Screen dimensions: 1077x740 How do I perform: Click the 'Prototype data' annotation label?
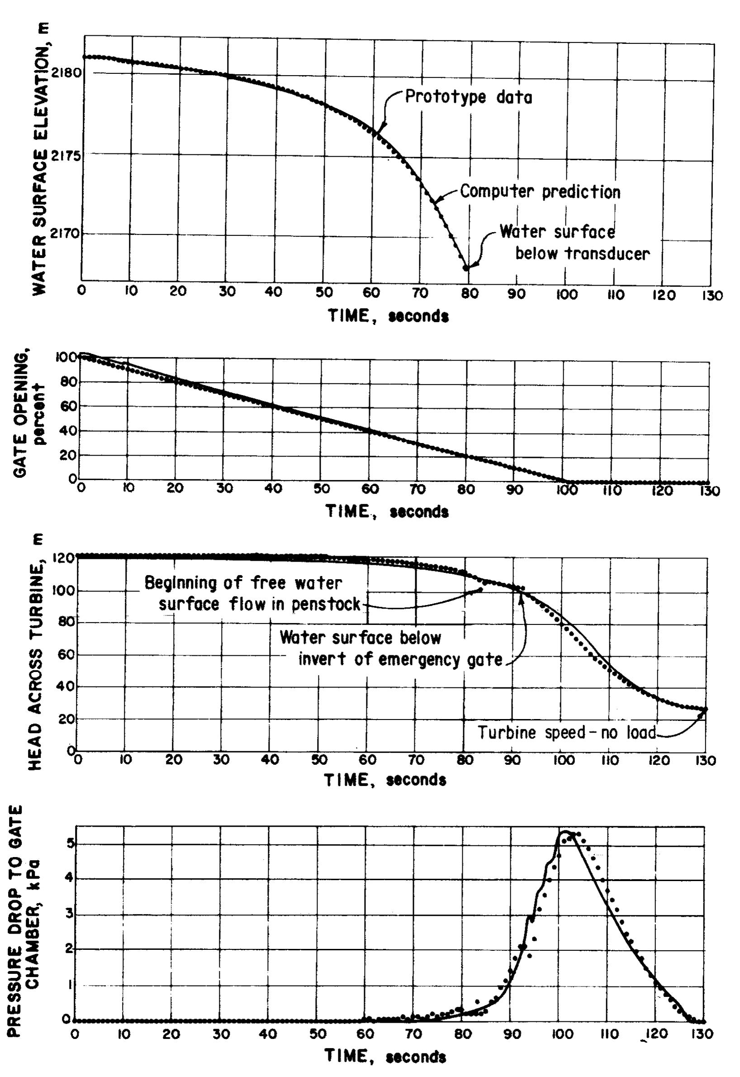468,97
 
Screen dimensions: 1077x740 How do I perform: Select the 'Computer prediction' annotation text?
540,191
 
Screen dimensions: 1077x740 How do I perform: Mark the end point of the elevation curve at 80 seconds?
466,267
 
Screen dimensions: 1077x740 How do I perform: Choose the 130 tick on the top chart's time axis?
711,295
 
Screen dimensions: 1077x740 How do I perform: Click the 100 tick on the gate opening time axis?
565,490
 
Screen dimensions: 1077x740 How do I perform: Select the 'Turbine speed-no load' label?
567,732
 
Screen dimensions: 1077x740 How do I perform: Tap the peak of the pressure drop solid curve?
566,831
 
